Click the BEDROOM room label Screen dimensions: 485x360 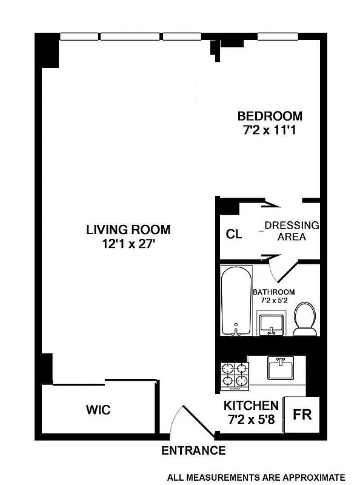click(269, 116)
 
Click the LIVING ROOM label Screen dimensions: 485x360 click(128, 230)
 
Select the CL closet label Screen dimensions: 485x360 click(234, 235)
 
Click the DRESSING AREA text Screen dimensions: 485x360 click(292, 231)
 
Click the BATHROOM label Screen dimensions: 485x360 click(274, 292)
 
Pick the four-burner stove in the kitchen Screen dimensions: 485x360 click(233, 375)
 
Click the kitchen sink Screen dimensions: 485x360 click(281, 367)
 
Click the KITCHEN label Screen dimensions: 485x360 click(251, 406)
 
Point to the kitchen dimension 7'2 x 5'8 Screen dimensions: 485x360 click(251, 418)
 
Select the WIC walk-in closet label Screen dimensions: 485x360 click(97, 410)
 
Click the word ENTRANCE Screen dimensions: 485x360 click(193, 450)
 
